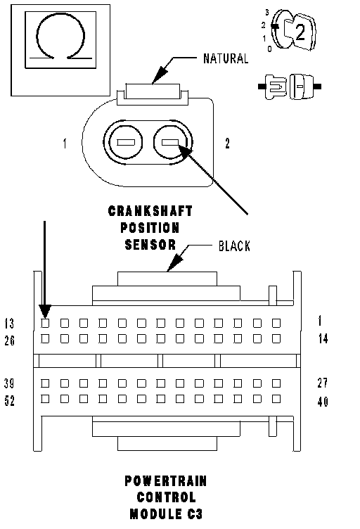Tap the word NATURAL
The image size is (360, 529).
(x=226, y=58)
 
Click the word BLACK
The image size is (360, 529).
(x=234, y=246)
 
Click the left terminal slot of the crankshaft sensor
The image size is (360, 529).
(x=125, y=142)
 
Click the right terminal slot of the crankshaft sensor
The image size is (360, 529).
(x=170, y=142)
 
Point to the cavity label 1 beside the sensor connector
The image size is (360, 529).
(x=65, y=144)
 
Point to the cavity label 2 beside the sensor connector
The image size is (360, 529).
(x=228, y=144)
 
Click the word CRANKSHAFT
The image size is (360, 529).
(x=150, y=211)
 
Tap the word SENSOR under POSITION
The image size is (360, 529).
(x=150, y=245)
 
